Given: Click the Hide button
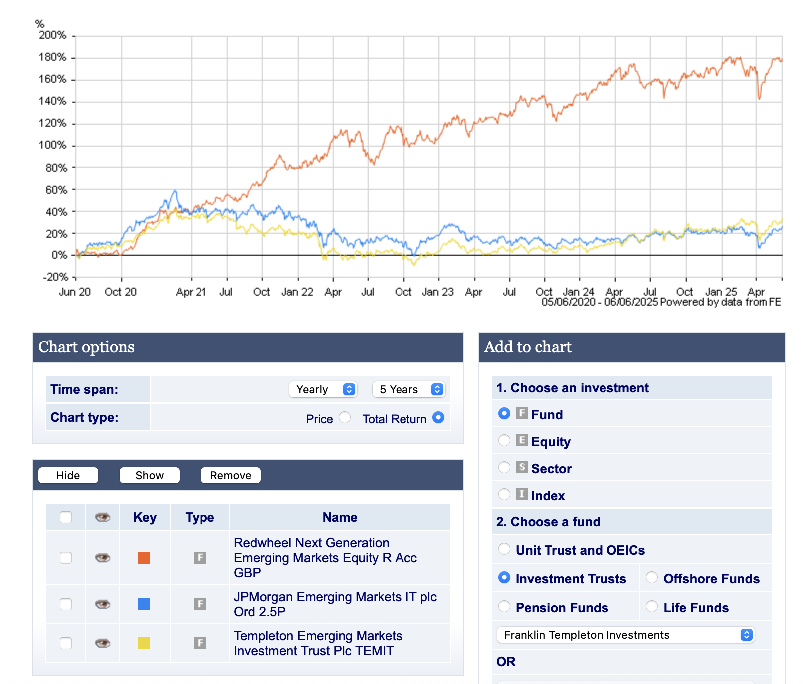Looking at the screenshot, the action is [x=68, y=475].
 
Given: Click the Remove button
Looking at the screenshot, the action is [x=230, y=475].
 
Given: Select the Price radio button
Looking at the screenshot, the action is [x=345, y=417].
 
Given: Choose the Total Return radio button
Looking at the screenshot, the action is [x=438, y=417].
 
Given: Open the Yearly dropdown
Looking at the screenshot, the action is [x=323, y=389].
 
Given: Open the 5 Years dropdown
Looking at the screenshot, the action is [x=408, y=389].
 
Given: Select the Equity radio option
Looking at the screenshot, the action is [x=504, y=440].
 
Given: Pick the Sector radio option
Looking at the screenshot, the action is [x=504, y=467].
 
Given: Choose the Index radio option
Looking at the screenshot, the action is [x=504, y=494].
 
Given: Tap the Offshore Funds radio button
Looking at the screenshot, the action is [x=652, y=578].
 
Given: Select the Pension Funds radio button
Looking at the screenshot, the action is [x=504, y=607].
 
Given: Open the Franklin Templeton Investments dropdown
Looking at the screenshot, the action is [x=625, y=635].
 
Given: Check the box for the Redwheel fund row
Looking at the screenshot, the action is [x=66, y=558].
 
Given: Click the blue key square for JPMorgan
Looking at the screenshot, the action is [x=144, y=604].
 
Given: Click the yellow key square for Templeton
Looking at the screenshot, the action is [x=144, y=643].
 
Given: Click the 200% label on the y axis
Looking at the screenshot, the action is [x=52, y=35].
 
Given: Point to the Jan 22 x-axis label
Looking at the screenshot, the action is [x=297, y=292].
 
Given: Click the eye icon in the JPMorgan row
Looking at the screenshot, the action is [x=103, y=604].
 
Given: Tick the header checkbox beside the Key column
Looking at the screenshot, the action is [x=66, y=517].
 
